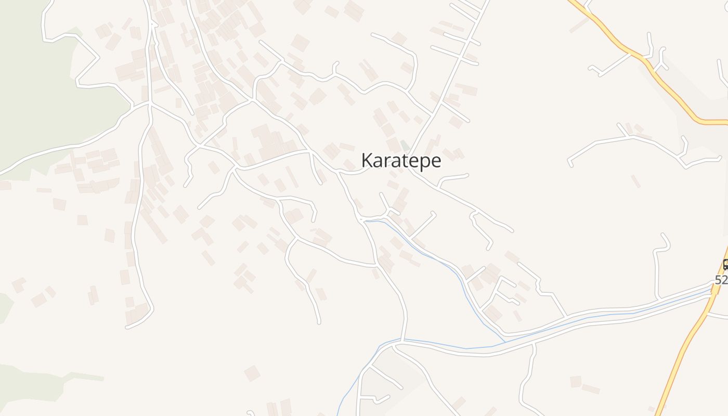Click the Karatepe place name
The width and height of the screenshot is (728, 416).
[x=401, y=161]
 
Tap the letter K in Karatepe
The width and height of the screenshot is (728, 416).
[x=367, y=160]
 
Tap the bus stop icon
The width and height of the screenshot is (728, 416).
[x=726, y=264]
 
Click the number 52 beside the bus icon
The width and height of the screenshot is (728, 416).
[x=721, y=280]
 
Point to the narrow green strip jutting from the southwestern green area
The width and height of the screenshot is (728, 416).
[x=83, y=376]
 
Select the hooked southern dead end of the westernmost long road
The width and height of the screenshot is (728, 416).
[x=128, y=327]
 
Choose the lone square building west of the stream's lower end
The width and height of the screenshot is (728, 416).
[x=252, y=373]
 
